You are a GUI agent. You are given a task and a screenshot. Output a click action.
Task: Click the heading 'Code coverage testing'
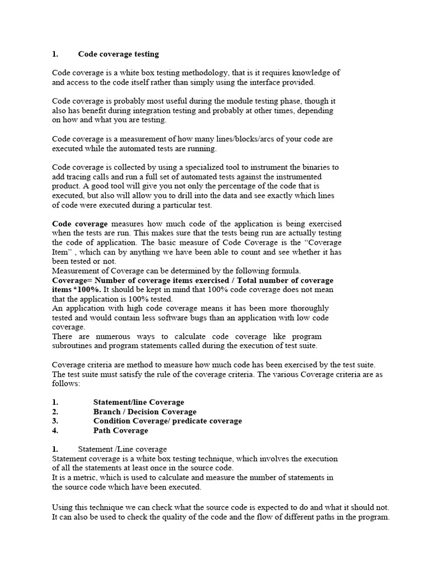pos(118,54)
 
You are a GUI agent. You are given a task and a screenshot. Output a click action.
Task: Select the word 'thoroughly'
pos(307,308)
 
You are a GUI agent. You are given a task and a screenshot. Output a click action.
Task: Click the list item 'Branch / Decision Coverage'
pos(144,411)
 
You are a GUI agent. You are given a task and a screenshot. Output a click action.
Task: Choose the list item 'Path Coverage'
pos(120,430)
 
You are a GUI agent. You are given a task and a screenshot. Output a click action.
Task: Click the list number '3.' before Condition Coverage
pos(55,421)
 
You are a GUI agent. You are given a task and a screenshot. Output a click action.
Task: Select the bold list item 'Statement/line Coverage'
pos(138,402)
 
